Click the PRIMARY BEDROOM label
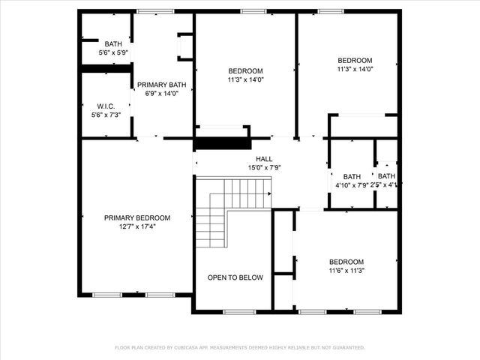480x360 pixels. (x=136, y=217)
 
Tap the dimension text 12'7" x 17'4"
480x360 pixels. (x=136, y=226)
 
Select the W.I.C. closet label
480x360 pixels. (x=104, y=106)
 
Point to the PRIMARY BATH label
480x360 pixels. (x=161, y=85)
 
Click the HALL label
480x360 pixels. (x=264, y=159)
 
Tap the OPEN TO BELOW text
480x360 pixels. (x=235, y=277)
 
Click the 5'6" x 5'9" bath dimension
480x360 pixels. (x=113, y=53)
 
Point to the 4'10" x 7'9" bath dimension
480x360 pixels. (x=351, y=185)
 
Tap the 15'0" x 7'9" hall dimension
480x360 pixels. (x=264, y=168)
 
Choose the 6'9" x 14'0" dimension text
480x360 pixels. (x=161, y=94)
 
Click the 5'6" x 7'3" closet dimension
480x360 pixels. (x=104, y=115)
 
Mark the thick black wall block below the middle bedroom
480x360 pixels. (x=220, y=143)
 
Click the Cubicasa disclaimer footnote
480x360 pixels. (x=240, y=347)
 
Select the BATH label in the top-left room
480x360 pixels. (x=113, y=44)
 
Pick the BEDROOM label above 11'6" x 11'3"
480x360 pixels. (x=346, y=262)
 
